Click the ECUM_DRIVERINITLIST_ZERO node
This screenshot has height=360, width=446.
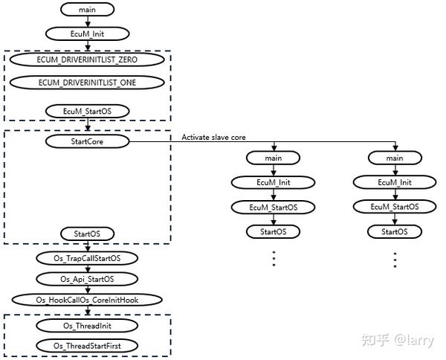88,58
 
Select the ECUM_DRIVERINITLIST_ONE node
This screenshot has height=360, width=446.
88,82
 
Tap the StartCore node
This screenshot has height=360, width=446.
88,140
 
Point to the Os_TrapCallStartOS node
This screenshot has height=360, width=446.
88,258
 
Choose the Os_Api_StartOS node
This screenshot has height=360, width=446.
88,279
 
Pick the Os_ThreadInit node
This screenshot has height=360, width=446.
88,325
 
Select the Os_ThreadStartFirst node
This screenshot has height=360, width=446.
88,346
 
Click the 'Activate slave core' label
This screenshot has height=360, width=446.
213,137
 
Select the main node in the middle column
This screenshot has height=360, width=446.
273,158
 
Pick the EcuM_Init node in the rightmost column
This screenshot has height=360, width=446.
395,182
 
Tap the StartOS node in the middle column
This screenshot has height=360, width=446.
273,231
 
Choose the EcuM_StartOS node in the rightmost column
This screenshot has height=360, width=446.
395,207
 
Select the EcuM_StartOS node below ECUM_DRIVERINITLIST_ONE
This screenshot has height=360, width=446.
88,111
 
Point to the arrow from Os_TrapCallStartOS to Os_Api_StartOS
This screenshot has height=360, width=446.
88,269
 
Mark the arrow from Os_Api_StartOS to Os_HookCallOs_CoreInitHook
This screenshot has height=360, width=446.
88,289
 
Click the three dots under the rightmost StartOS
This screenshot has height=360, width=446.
395,259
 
